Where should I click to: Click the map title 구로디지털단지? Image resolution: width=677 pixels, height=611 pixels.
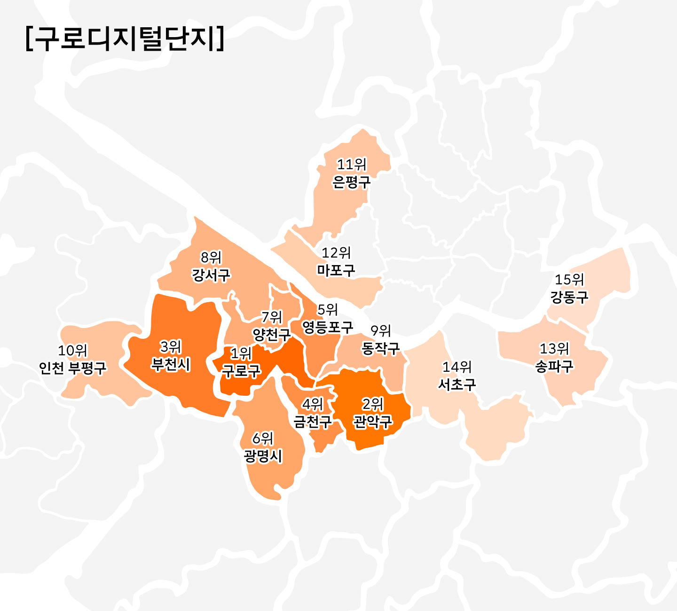click(x=125, y=39)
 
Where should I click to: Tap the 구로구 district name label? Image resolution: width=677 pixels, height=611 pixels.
click(x=241, y=371)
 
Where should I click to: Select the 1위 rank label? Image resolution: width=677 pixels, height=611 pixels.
click(x=241, y=353)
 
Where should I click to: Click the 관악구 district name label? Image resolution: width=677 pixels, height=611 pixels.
click(x=373, y=422)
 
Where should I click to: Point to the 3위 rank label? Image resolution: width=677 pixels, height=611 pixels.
click(x=171, y=347)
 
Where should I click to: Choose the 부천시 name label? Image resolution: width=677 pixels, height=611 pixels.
click(x=171, y=364)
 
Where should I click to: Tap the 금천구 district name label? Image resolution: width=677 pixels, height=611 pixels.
click(x=313, y=421)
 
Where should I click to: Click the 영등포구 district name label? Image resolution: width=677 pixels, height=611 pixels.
click(x=327, y=327)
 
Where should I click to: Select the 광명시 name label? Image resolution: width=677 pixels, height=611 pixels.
click(x=263, y=455)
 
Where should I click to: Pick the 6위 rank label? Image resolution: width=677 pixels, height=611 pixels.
click(x=263, y=438)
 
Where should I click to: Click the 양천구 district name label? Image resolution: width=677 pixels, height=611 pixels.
click(x=272, y=335)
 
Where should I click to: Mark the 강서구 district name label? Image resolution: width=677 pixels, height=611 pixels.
click(x=211, y=275)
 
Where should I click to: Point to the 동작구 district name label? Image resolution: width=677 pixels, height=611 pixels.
click(x=381, y=348)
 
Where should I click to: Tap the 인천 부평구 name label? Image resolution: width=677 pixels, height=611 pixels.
click(x=73, y=368)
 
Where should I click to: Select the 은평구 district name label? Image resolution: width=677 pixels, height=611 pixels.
click(x=352, y=182)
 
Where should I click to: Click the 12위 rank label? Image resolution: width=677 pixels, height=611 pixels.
click(x=336, y=253)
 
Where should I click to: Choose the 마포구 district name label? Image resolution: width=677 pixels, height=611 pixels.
click(x=336, y=270)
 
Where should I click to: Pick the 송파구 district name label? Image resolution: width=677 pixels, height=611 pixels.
click(x=555, y=366)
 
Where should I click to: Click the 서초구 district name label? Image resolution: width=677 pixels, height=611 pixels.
click(x=457, y=384)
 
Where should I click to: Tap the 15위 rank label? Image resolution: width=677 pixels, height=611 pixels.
click(x=569, y=280)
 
